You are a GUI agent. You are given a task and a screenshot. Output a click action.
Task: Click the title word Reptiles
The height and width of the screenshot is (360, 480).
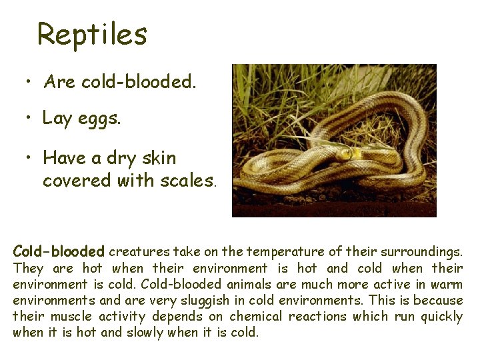click(x=92, y=35)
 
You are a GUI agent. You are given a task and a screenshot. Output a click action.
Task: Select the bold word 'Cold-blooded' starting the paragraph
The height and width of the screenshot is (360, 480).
click(x=59, y=252)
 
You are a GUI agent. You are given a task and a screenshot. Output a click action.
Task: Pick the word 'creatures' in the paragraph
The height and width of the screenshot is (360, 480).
click(x=139, y=252)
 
